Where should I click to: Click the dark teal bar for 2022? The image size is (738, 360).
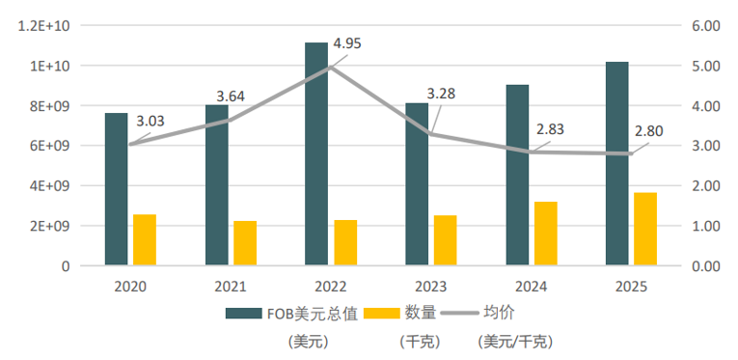[316, 153]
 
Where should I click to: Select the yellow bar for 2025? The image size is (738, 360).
[645, 229]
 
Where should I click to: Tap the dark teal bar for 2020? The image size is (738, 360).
[117, 189]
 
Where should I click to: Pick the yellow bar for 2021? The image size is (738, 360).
[245, 243]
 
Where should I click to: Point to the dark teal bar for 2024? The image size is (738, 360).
[517, 175]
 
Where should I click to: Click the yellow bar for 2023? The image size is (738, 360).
[446, 240]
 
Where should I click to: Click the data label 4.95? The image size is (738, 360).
[347, 43]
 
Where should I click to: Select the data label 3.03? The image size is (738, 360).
[150, 121]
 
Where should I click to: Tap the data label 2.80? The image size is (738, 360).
[649, 131]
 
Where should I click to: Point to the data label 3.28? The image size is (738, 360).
[441, 94]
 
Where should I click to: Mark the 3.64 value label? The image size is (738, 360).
[231, 97]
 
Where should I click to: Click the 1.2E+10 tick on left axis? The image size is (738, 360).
[43, 26]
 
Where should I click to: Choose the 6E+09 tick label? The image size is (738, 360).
[49, 146]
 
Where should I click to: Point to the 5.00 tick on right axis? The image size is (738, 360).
[706, 66]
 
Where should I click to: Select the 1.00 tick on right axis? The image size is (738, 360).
[706, 226]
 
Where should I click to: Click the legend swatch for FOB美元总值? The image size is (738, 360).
[243, 314]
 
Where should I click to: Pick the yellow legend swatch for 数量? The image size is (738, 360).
[382, 314]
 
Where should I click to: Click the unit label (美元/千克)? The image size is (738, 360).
[514, 342]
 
